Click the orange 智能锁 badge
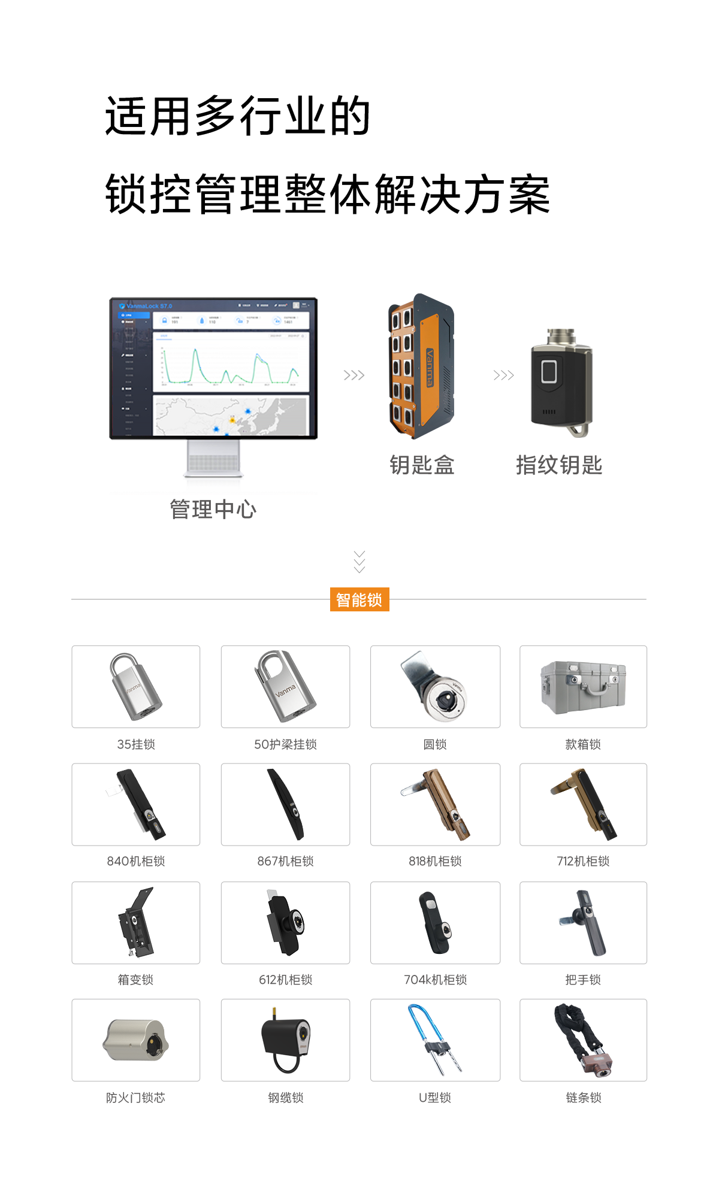359,599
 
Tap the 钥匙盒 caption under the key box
421,465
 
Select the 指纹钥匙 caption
558,465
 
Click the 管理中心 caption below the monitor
213,509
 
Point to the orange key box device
421,366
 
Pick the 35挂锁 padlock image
136,687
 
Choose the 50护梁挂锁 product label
286,744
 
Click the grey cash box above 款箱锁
583,687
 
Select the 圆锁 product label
435,744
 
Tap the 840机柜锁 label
136,861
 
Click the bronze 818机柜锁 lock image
436,804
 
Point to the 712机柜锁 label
583,861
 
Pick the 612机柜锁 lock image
285,923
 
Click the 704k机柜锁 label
436,980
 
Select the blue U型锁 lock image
435,1040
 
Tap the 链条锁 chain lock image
583,1041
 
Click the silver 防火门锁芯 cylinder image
136,1040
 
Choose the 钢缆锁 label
286,1097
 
